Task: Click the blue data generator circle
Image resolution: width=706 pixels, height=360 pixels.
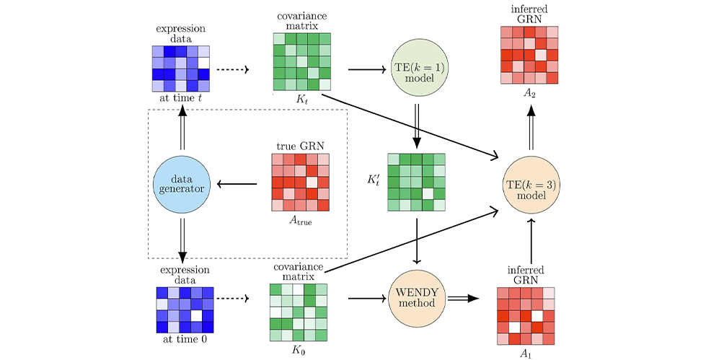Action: [182, 185]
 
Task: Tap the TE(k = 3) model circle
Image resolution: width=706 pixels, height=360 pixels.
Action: [531, 185]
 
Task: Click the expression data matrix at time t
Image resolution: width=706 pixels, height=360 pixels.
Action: [181, 69]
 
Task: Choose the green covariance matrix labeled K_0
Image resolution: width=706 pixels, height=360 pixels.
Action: [298, 312]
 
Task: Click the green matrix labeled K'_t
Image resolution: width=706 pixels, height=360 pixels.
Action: [416, 182]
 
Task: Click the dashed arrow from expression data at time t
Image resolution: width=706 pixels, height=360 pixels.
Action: [232, 70]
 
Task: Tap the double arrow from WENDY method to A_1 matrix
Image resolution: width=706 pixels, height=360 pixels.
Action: [465, 297]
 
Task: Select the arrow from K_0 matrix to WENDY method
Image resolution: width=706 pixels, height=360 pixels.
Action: [366, 297]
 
